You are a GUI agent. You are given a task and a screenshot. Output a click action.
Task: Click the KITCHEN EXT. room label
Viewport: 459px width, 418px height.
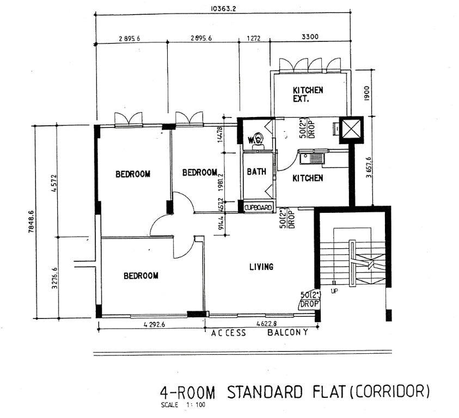pos(308,95)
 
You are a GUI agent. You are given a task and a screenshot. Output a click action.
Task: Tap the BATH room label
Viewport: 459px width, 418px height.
pos(256,171)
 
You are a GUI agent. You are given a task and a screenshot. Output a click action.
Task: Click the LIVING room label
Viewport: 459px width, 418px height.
pos(261,267)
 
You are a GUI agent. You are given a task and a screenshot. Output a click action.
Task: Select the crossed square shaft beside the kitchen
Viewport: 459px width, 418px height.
pos(350,129)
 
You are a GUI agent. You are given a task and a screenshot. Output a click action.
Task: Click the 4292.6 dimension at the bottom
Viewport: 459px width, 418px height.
pos(155,324)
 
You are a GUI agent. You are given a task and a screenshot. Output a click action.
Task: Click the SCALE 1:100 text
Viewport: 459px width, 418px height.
pos(183,405)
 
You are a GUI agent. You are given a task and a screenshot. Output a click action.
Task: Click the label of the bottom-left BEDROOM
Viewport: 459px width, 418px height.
pos(140,276)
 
